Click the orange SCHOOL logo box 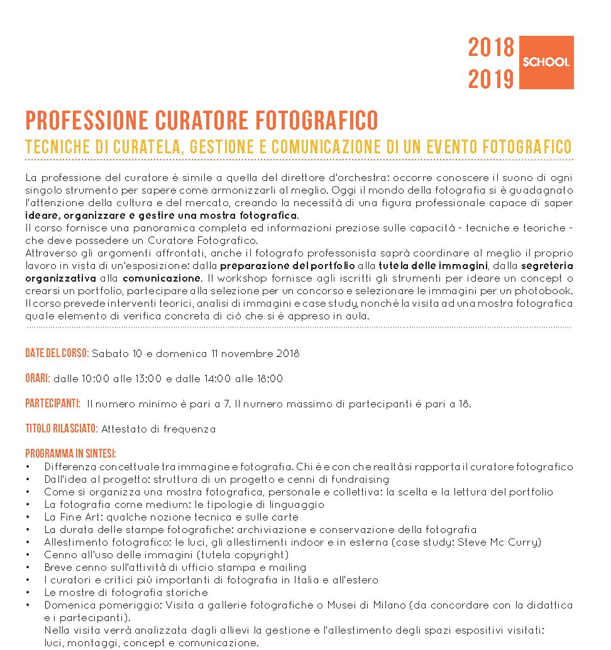pyautogui.click(x=547, y=62)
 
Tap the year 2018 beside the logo pyautogui.click(x=491, y=48)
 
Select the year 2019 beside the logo pyautogui.click(x=491, y=79)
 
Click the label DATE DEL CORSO pyautogui.click(x=57, y=353)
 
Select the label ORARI pyautogui.click(x=38, y=378)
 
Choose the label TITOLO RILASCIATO pyautogui.click(x=62, y=429)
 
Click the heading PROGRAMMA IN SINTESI pyautogui.click(x=70, y=454)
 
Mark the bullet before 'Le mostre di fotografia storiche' pyautogui.click(x=28, y=592)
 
